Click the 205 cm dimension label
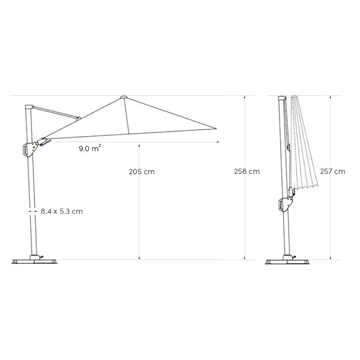tap(142, 172)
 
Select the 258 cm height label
tap(247, 171)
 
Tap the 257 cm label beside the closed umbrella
tap(332, 171)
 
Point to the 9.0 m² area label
tap(90, 149)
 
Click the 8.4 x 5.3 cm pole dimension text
tap(61, 211)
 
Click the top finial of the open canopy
tap(123, 97)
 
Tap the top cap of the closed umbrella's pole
tap(282, 98)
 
